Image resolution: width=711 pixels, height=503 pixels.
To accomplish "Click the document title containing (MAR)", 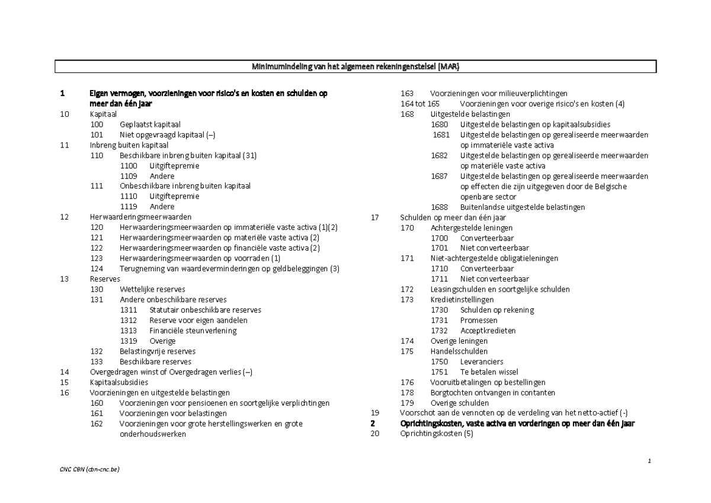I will coord(355,67).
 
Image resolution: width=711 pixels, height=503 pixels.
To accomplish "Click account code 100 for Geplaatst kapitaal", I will coord(97,124).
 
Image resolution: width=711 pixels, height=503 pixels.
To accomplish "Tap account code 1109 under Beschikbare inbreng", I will coord(129,176).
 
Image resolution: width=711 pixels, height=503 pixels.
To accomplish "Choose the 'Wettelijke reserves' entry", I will coord(152,289).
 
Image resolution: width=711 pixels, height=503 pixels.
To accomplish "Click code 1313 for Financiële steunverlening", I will coord(129,331).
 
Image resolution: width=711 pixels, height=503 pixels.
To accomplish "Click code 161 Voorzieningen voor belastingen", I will coord(97,414).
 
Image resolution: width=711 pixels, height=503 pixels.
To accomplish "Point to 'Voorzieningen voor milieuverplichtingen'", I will coord(498,94).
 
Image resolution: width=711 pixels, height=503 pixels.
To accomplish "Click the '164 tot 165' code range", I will coord(420,104).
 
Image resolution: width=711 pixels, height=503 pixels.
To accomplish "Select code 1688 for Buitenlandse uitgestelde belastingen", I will coord(440,207).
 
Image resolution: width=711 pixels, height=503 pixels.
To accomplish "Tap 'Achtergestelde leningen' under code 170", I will coord(472,228).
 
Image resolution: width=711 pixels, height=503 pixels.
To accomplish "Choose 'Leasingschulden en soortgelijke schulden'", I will coord(500,289).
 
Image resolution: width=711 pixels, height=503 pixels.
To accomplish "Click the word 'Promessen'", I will coord(479,320).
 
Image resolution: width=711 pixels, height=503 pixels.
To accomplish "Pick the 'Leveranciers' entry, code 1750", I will coord(482,361).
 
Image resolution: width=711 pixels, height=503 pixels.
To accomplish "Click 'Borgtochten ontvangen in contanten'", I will coord(492,392).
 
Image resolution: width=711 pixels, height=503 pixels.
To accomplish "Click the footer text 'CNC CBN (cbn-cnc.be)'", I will coord(89,469).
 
